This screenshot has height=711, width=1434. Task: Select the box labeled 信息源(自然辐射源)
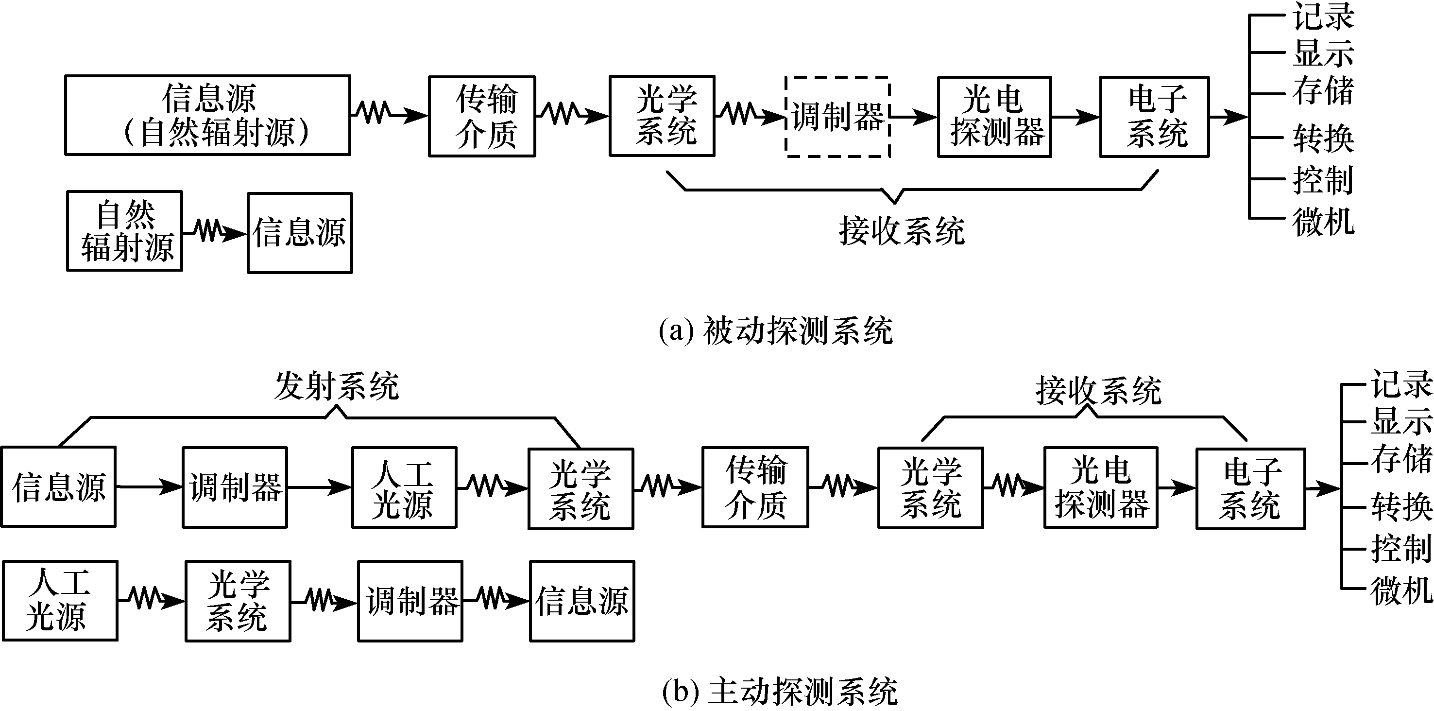(x=207, y=115)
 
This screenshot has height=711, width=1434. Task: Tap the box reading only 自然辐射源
(x=125, y=231)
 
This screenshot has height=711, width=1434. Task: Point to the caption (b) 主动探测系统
(x=779, y=692)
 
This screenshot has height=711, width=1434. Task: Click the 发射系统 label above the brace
(x=337, y=386)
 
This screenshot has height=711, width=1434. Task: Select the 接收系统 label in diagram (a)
(x=902, y=231)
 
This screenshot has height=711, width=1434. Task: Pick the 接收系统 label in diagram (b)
(x=1098, y=390)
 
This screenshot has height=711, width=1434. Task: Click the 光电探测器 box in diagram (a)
(x=994, y=117)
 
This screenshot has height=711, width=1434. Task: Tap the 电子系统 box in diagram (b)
(x=1250, y=488)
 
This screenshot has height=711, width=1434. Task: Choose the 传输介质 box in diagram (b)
(x=755, y=487)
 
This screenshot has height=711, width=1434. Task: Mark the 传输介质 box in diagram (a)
(x=482, y=116)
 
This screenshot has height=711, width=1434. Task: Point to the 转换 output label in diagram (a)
(x=1323, y=138)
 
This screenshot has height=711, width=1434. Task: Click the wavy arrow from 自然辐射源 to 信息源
(x=215, y=232)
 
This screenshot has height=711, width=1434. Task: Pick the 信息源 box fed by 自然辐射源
(x=300, y=233)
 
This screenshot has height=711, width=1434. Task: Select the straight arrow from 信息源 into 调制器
(x=149, y=487)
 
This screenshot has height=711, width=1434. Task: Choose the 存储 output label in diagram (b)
(x=1400, y=459)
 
